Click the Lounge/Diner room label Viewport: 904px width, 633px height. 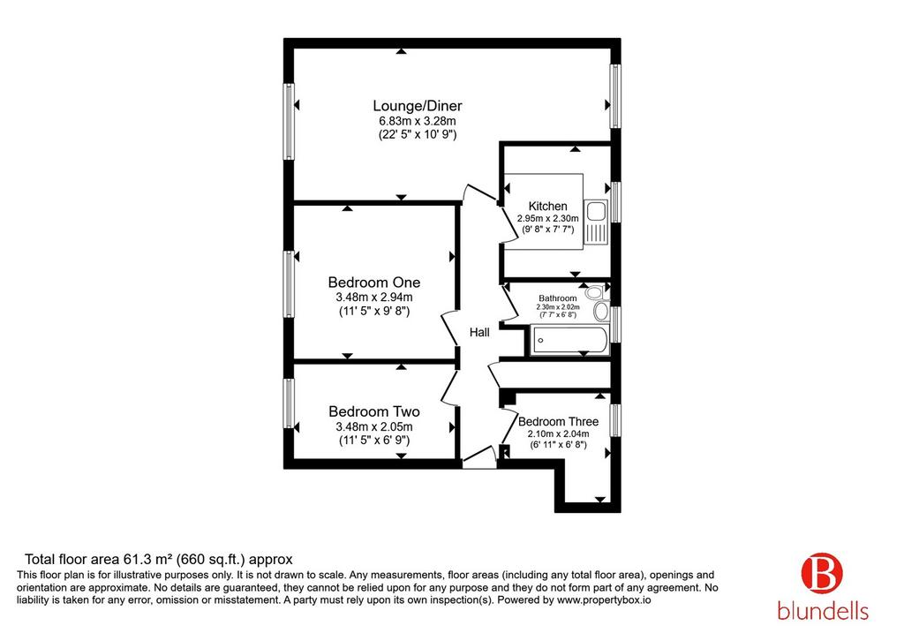point(418,106)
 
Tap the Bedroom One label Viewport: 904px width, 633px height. point(374,283)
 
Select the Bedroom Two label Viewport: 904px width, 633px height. point(374,411)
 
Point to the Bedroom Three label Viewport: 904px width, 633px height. point(558,422)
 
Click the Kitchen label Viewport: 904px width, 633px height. point(547,207)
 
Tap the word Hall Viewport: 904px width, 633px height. point(479,332)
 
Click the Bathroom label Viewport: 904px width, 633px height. point(558,298)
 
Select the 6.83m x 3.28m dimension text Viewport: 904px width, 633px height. point(418,121)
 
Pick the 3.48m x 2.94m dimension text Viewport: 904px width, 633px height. point(374,298)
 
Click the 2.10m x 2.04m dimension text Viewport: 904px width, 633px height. point(558,434)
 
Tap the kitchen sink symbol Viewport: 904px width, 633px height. point(596,223)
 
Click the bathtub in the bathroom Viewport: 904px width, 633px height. point(569,340)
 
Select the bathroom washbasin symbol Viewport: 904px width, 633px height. point(600,312)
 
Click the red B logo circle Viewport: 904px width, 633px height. point(822,573)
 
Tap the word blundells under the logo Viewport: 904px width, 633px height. point(823,610)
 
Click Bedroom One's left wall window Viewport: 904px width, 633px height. point(289,283)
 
